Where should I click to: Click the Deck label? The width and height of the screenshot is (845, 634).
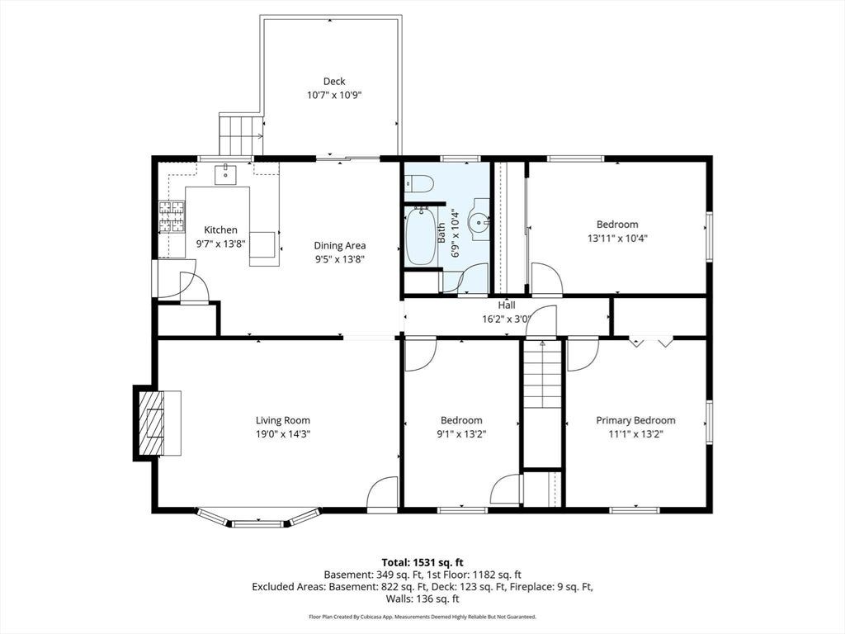point(334,82)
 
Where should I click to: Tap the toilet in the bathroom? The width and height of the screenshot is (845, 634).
point(418,184)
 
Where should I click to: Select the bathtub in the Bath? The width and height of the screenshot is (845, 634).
point(420,235)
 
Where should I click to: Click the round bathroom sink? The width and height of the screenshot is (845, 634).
point(479,220)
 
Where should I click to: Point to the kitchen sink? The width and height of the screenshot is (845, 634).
point(225,175)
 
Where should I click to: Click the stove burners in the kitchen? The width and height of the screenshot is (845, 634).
point(172,217)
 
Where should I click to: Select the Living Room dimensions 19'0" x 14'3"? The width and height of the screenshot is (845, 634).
point(283,434)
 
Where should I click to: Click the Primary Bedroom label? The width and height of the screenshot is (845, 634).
point(635,420)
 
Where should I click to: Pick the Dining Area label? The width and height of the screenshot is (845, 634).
point(340,245)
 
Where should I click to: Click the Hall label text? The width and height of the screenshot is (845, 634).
point(503,305)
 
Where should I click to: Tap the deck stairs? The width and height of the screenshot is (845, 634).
point(241,135)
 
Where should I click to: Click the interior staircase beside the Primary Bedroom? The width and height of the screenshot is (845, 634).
point(543,375)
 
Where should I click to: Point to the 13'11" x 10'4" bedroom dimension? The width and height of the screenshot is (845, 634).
point(617,238)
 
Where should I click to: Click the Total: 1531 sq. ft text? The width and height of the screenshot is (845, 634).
point(422,562)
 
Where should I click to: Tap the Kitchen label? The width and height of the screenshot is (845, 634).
point(220,229)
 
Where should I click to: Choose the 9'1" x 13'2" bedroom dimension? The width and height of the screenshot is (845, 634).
point(461,434)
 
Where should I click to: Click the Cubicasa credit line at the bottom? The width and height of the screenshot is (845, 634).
point(422,616)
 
